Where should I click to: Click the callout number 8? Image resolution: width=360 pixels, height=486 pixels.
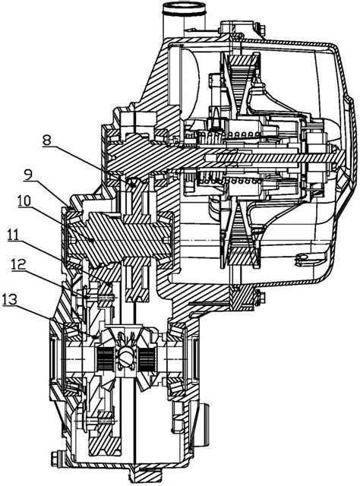click(46, 140)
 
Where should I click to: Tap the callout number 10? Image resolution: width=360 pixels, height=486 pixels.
click(24, 201)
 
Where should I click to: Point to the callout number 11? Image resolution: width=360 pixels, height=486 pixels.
click(14, 235)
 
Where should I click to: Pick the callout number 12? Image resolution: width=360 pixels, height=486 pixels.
click(18, 265)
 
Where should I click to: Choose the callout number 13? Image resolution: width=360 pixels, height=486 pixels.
click(10, 300)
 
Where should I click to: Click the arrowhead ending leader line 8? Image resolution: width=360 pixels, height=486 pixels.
click(133, 185)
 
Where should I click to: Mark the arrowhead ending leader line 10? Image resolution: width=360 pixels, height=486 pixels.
click(91, 239)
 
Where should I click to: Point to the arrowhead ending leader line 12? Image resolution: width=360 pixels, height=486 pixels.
click(88, 297)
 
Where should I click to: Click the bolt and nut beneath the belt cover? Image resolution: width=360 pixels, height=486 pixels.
click(259, 296)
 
